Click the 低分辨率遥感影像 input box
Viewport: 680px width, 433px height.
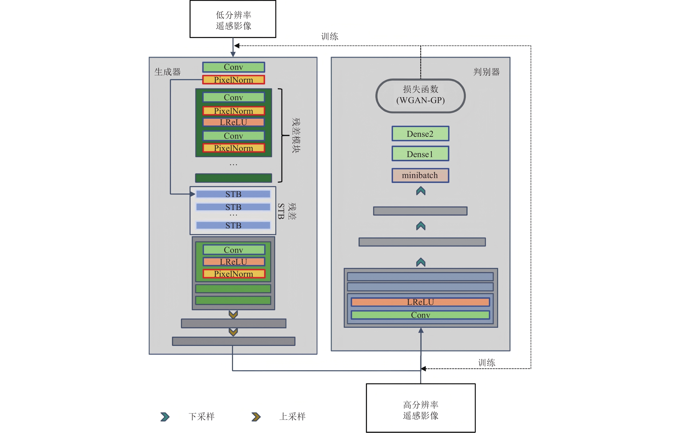coord(233,19)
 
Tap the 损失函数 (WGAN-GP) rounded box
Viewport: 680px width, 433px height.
coord(421,96)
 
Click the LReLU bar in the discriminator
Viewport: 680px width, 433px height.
coord(420,302)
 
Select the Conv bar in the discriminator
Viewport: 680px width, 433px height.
coord(420,315)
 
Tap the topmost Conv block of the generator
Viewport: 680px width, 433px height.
coord(234,67)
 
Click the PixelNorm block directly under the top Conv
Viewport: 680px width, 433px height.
coord(234,80)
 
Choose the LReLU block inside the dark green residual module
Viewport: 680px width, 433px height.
coord(234,122)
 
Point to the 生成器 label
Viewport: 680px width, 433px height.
coord(168,72)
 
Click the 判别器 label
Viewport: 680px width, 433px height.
coord(486,72)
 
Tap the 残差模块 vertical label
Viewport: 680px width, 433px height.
coord(296,135)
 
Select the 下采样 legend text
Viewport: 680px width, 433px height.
coord(201,416)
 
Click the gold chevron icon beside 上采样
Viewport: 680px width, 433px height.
coord(256,417)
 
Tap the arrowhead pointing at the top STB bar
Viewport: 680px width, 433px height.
coord(193,194)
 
